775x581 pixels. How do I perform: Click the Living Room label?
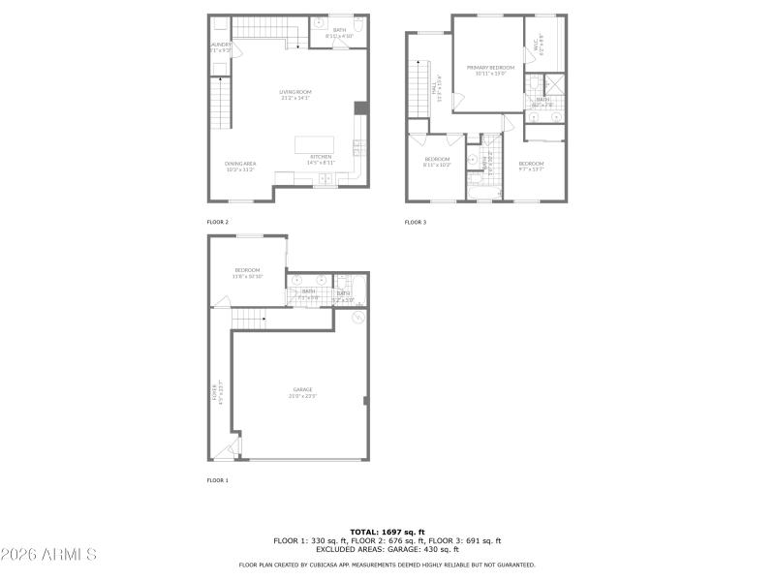click(295, 94)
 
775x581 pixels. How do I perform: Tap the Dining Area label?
click(239, 166)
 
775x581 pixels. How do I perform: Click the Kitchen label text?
click(321, 159)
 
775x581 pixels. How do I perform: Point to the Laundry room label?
click(220, 46)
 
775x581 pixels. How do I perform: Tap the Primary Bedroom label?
click(490, 69)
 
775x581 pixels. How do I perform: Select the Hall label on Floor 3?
click(436, 90)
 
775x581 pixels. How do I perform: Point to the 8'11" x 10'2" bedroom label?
click(437, 161)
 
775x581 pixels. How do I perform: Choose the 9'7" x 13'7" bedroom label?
click(531, 166)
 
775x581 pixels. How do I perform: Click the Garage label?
click(302, 392)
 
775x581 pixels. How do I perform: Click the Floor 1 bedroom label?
click(247, 273)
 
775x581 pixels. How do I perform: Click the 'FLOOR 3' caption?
click(415, 222)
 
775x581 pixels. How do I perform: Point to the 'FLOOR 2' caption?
click(217, 222)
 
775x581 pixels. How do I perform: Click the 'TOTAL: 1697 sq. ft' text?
click(387, 533)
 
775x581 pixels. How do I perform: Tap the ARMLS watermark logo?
click(48, 555)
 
